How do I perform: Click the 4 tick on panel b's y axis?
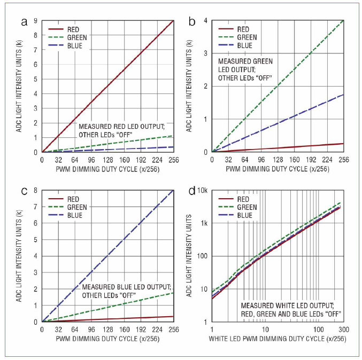click(x=206, y=21)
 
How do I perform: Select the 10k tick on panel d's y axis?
click(x=204, y=191)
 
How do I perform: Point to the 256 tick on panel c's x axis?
click(x=173, y=330)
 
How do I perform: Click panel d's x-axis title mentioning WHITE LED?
click(x=276, y=338)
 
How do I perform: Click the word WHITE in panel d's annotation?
click(x=283, y=306)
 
